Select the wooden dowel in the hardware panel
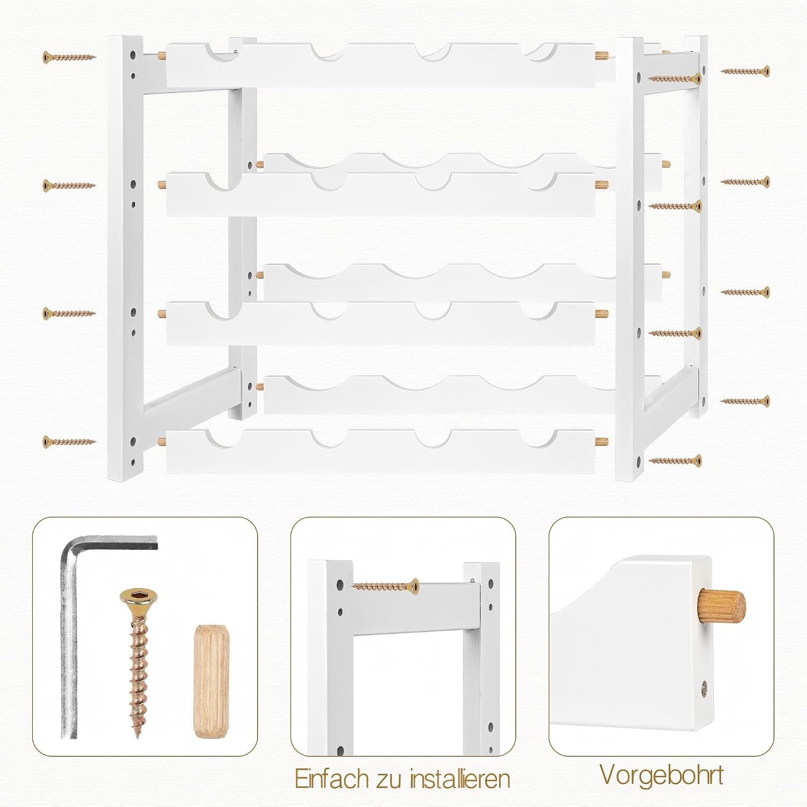[210, 681]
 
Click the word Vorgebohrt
[661, 775]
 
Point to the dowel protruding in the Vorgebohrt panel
[721, 606]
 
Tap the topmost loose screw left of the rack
[69, 56]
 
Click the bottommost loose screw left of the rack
[69, 442]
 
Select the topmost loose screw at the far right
[745, 71]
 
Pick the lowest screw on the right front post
[675, 461]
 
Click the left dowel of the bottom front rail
[162, 442]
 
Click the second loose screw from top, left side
[69, 186]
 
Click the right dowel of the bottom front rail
[601, 442]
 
